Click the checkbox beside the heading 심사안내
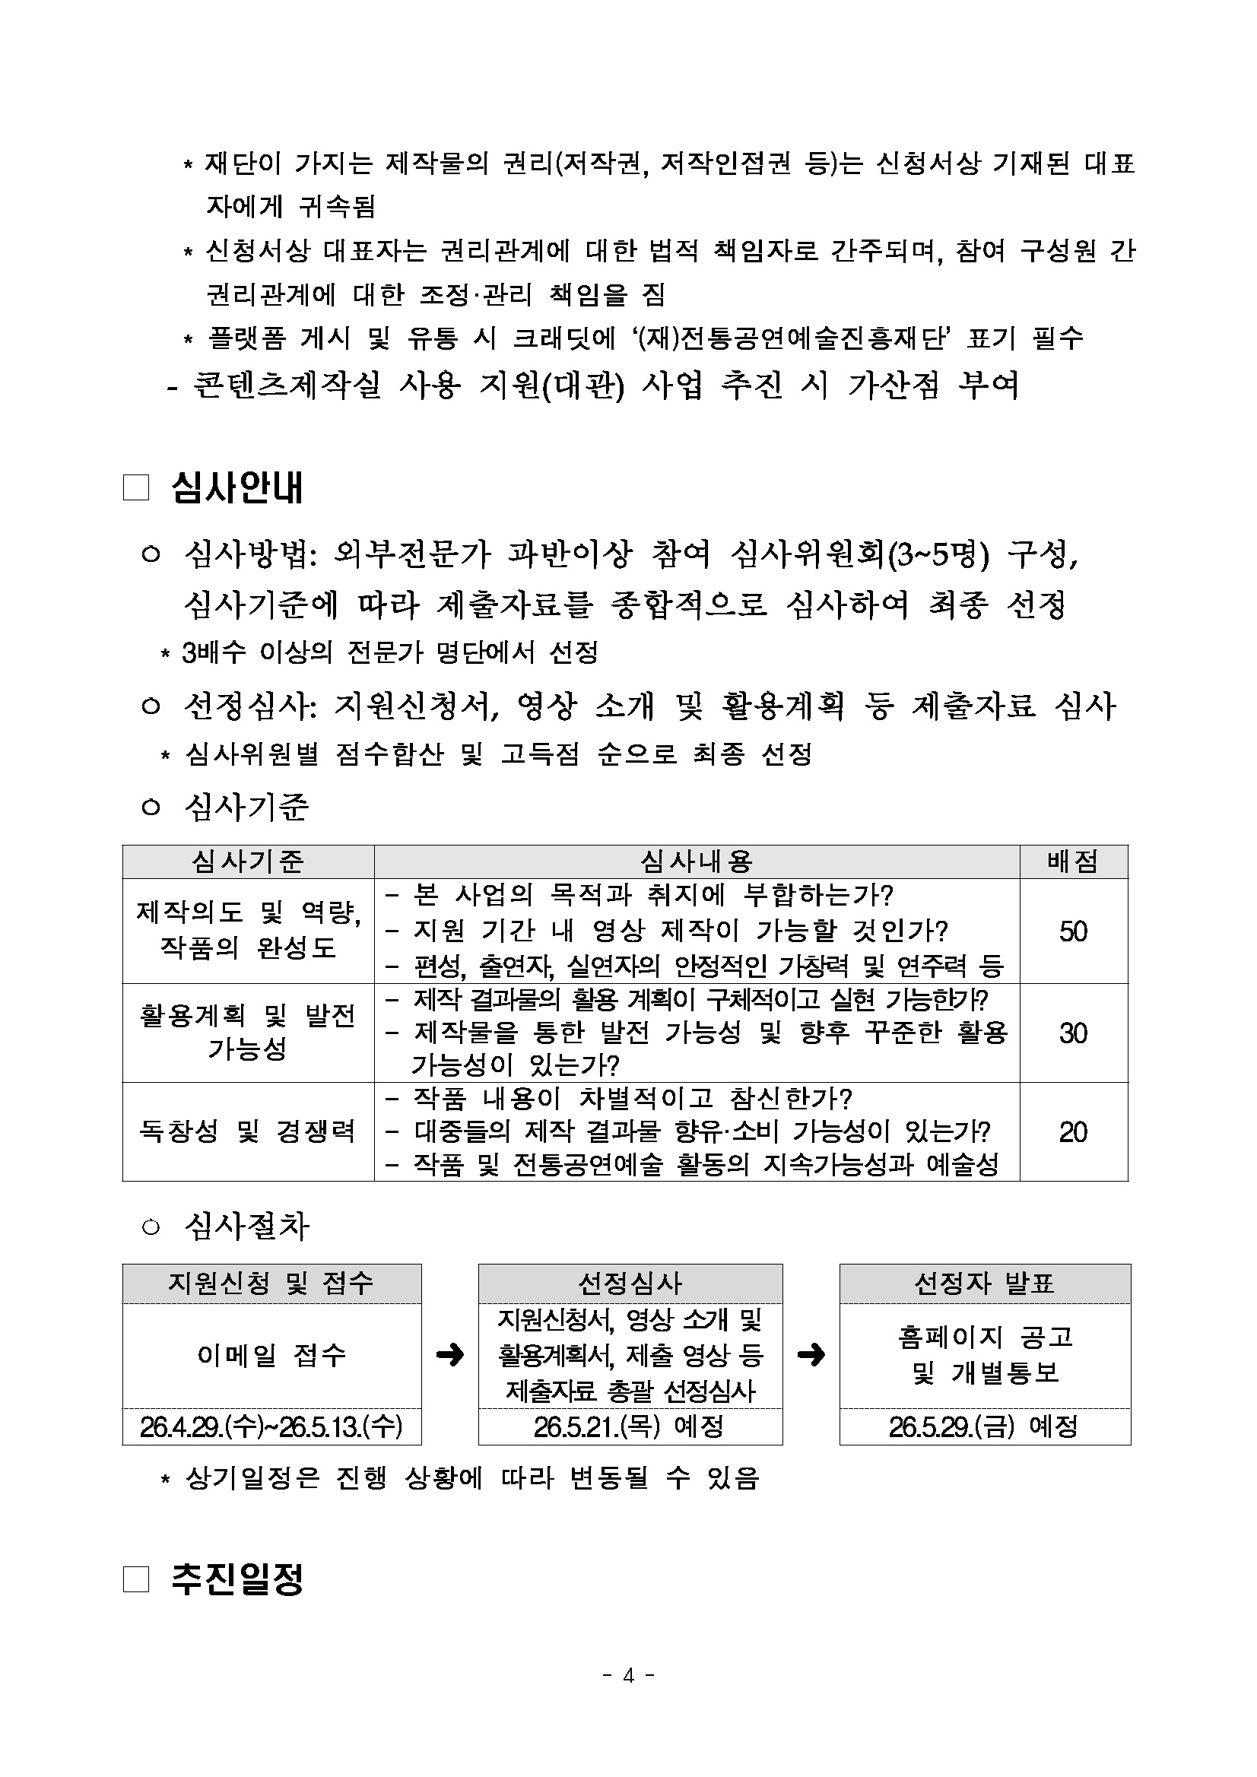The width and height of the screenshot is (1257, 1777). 135,488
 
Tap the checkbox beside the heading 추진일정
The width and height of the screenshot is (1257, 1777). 135,1579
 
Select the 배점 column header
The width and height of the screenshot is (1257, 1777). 1073,862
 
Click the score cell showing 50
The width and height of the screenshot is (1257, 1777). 1073,931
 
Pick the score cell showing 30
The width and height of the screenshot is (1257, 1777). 1073,1033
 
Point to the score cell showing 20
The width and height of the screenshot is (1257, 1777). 1073,1132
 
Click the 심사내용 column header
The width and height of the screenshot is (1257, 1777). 696,862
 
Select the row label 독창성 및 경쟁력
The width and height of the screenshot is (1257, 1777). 248,1132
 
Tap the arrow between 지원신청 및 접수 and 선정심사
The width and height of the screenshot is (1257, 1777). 449,1354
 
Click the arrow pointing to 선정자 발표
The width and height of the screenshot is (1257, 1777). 811,1354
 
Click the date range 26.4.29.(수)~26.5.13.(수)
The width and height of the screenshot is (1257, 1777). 271,1426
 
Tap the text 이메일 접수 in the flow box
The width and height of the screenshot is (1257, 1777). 271,1354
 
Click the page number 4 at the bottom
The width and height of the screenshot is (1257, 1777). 628,1676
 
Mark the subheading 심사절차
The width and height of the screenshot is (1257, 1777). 247,1226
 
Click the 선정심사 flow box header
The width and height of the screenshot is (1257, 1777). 630,1284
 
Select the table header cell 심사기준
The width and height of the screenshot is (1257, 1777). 248,862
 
